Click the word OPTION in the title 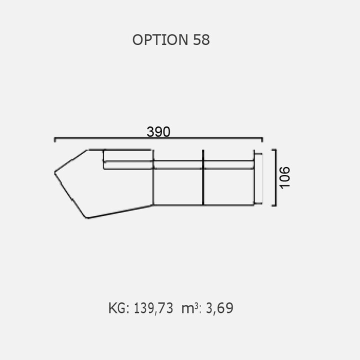(160, 39)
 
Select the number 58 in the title (201, 39)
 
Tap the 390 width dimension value (158, 132)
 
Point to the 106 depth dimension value (285, 177)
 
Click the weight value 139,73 (153, 308)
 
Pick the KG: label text (118, 308)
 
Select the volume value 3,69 (219, 308)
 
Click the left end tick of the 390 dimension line (55, 139)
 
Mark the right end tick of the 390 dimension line (262, 139)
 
